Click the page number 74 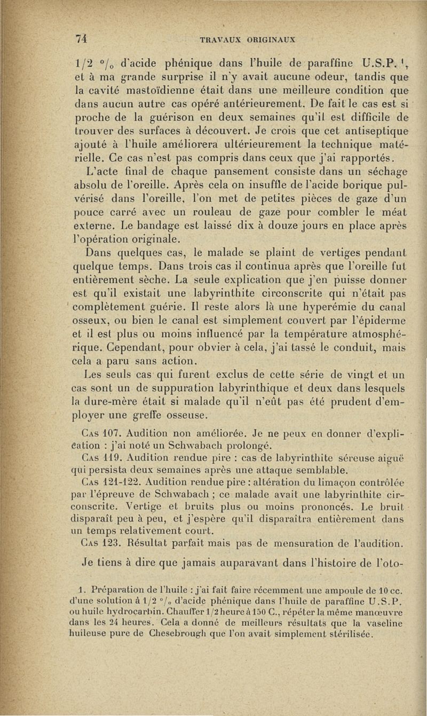(x=82, y=38)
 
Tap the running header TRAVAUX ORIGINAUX (x=248, y=39)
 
